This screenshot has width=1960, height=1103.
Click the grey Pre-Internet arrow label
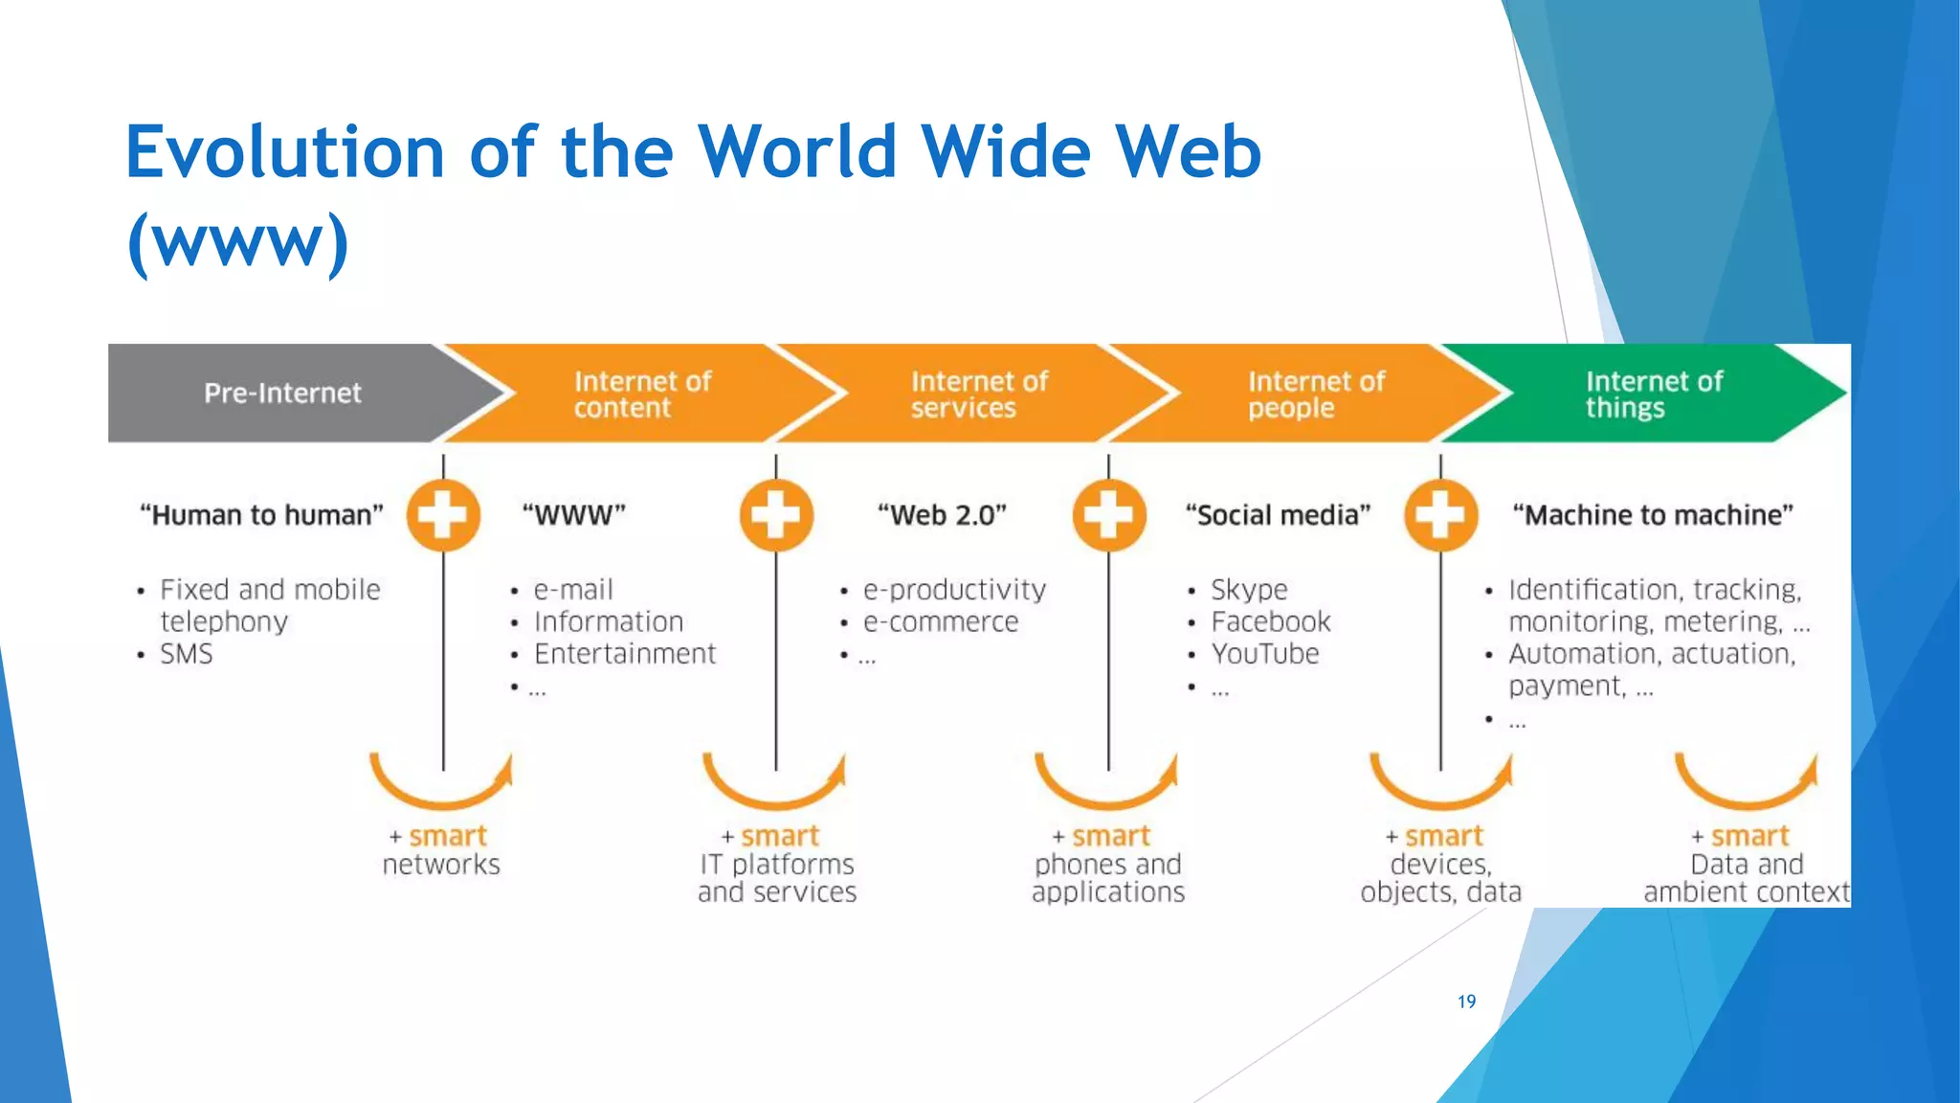click(282, 394)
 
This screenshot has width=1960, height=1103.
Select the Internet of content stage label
click(642, 394)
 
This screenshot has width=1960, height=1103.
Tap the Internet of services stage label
click(979, 394)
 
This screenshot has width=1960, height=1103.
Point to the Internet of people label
click(1316, 394)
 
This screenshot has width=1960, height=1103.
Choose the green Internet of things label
click(1654, 394)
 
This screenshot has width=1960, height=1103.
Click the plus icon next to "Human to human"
click(443, 515)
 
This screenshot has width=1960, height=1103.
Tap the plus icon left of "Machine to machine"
click(1440, 515)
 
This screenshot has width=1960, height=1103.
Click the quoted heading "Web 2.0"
click(943, 515)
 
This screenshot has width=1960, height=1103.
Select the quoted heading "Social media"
click(1278, 515)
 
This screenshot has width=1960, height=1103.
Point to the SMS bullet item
click(187, 654)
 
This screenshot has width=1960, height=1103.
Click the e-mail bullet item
click(573, 590)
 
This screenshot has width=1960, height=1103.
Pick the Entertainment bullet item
click(624, 654)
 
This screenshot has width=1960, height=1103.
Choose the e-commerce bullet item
click(941, 622)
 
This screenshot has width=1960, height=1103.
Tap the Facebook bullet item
click(1271, 622)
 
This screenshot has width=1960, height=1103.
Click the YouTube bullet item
click(1265, 654)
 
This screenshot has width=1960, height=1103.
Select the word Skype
click(1249, 590)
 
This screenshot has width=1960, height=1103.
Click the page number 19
click(1466, 1002)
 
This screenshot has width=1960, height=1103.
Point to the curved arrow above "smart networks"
click(441, 787)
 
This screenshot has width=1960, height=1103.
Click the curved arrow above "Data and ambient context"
click(1746, 787)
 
